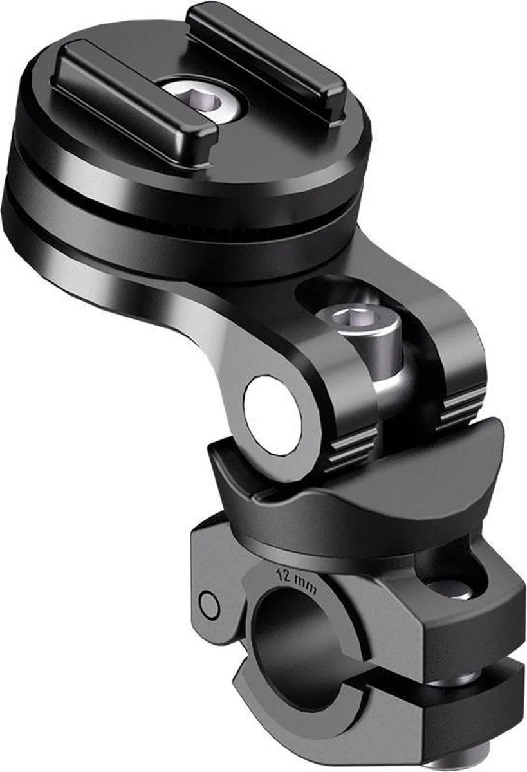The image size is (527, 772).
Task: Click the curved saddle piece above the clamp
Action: (x=360, y=489)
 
